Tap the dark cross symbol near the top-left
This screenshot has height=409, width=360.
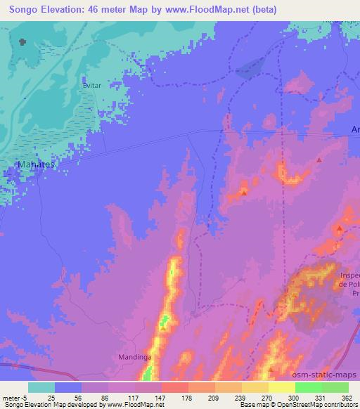point(22,42)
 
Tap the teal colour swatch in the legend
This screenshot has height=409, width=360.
point(41,387)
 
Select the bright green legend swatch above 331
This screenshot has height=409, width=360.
point(309,387)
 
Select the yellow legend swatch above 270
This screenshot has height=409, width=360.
point(255,387)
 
